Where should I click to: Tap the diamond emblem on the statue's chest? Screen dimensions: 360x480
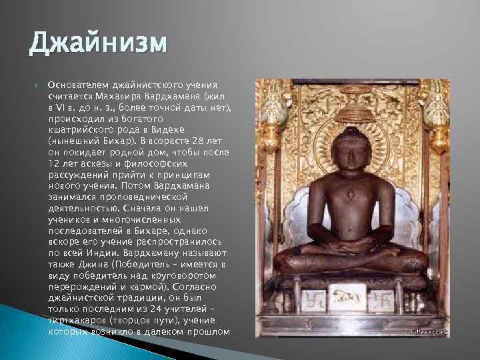coord(350,195)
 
